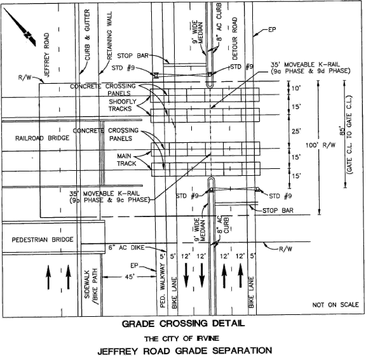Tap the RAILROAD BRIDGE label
point(42,138)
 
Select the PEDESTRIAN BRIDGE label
point(43,240)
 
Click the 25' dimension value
point(295,131)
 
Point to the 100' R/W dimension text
point(320,145)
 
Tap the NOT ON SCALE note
point(335,305)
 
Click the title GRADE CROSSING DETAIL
point(184,324)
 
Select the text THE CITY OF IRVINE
point(182,338)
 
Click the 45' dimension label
point(130,277)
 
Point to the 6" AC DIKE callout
point(126,248)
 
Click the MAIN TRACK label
point(126,160)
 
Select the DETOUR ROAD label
point(234,39)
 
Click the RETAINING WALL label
point(109,36)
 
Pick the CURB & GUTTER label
point(87,35)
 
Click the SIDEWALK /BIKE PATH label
point(91,287)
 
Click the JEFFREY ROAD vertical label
point(46,55)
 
